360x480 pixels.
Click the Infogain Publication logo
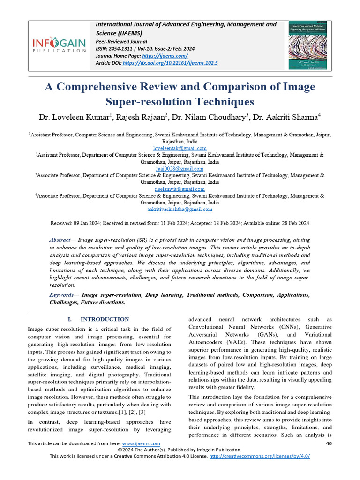point(59,45)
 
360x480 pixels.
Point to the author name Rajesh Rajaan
point(136,117)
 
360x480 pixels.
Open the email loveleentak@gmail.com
point(180,148)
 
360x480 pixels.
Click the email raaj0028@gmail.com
point(180,168)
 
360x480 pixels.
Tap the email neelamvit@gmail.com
point(180,189)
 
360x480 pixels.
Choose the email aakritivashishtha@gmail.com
point(180,210)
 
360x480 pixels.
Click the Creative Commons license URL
point(259,456)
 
